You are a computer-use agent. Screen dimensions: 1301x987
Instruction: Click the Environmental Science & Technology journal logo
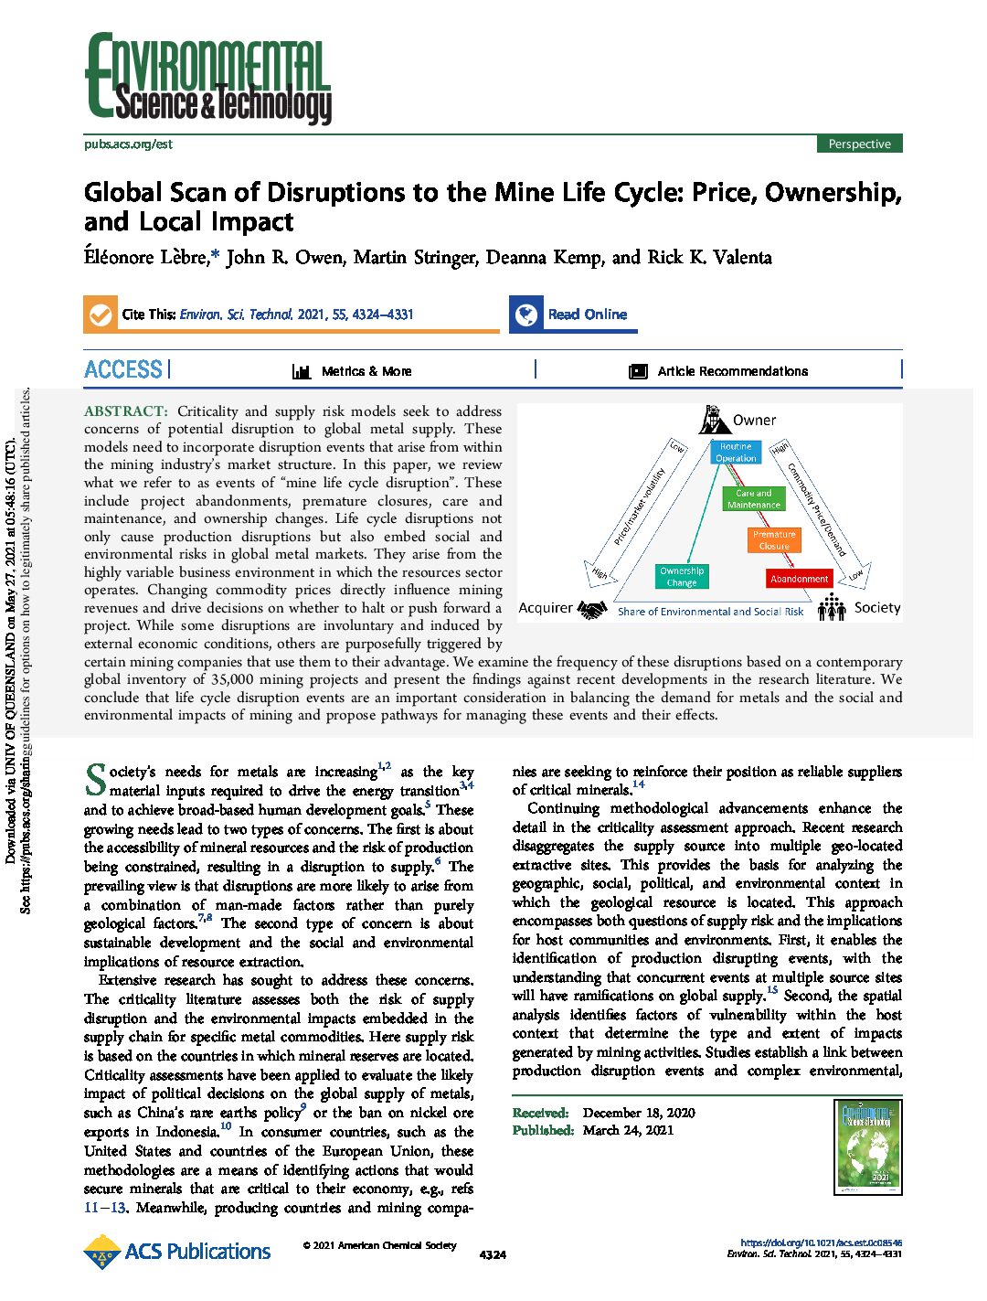tap(207, 80)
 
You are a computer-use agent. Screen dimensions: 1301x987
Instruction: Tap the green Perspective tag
tap(859, 144)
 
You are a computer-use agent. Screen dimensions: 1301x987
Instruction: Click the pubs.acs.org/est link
tap(128, 144)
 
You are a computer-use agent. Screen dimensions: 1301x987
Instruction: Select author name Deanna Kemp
tap(544, 257)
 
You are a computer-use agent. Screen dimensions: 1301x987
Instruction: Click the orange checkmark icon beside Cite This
tap(99, 314)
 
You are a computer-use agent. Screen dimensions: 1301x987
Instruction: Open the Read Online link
tap(587, 314)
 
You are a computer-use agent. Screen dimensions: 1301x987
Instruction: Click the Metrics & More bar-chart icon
tap(302, 371)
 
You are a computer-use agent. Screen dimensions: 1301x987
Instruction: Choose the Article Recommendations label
tap(732, 371)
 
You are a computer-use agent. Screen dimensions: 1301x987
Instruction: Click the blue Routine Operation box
tap(736, 453)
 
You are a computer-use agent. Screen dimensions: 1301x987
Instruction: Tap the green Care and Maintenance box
tap(754, 499)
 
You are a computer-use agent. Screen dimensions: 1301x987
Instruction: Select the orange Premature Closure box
tap(774, 539)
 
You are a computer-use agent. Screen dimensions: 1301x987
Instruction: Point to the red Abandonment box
tap(799, 579)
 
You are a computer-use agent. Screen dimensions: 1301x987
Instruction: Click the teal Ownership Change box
tap(682, 576)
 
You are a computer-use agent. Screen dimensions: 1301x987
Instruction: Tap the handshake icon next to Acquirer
tap(593, 609)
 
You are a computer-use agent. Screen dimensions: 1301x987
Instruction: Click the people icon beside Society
tap(832, 607)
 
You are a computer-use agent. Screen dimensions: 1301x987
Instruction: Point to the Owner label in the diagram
tap(754, 421)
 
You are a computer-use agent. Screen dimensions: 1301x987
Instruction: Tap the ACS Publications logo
tap(177, 1251)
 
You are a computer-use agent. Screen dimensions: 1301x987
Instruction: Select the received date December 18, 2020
tap(638, 1113)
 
